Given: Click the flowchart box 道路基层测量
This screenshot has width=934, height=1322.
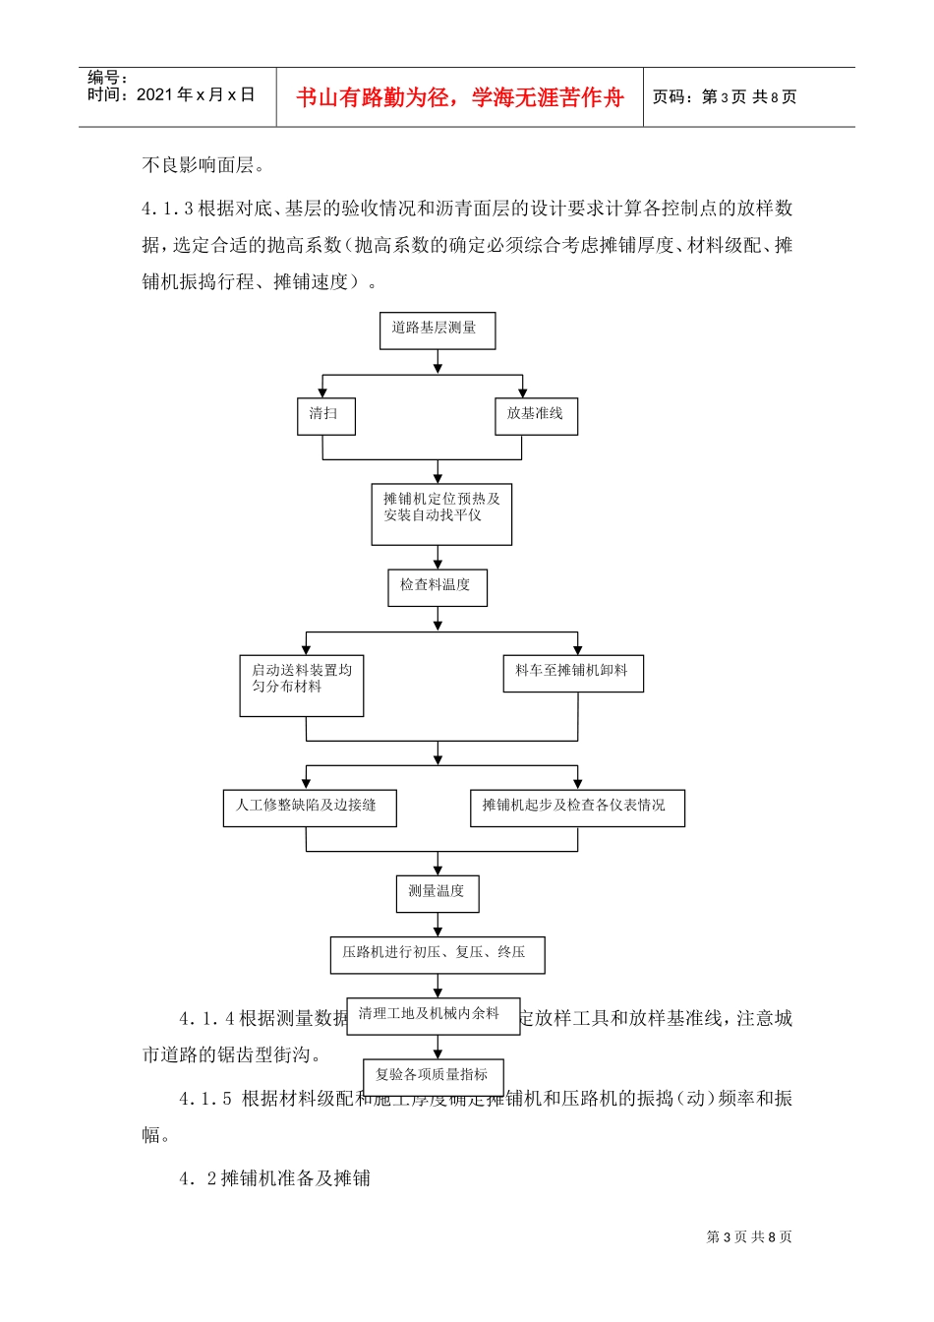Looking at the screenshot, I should click(438, 330).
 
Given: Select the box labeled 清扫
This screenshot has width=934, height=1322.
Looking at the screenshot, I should click(325, 416).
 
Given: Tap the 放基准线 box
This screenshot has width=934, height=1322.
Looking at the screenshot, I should click(535, 416).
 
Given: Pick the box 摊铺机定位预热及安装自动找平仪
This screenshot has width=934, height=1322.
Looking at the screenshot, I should click(441, 513).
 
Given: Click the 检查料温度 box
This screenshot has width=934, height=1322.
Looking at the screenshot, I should click(438, 587).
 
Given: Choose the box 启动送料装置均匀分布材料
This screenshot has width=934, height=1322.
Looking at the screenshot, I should click(302, 686).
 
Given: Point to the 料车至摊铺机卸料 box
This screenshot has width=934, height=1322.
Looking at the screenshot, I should click(573, 674).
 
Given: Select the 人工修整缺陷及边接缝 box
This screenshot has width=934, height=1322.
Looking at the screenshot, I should click(310, 808).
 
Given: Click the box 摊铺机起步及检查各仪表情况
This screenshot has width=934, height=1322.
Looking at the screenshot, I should click(577, 808).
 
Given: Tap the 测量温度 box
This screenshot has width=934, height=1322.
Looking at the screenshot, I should click(438, 893).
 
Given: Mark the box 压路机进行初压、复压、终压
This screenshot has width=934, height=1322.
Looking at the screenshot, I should click(437, 954).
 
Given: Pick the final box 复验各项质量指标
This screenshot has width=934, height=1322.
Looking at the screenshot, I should click(434, 1076).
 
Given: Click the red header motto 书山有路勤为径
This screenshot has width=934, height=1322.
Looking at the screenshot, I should click(460, 97).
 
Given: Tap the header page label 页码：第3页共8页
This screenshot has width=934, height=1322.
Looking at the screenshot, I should click(725, 97).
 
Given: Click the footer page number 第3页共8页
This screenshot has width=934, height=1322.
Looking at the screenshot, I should click(749, 1236).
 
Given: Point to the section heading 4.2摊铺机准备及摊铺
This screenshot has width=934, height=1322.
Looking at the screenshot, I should click(274, 1178).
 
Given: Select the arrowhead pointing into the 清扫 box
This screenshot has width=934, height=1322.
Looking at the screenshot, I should click(322, 392).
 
